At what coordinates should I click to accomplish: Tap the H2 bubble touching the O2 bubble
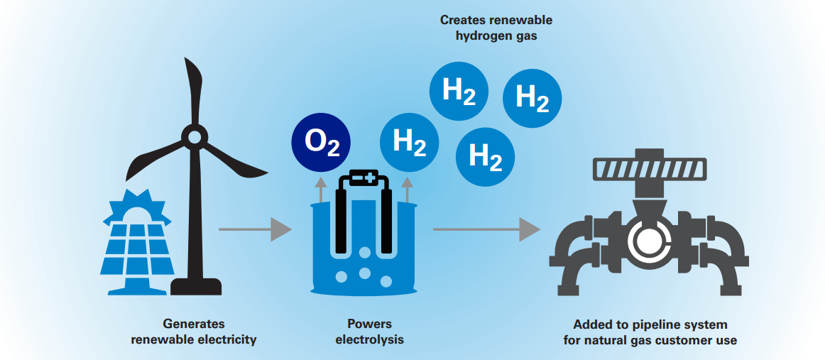[408, 142]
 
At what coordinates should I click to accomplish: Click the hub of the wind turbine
[192, 136]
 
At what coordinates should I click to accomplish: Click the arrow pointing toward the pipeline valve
[486, 229]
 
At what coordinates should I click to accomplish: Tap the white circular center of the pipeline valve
[647, 241]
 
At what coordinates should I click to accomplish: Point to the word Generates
[194, 324]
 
